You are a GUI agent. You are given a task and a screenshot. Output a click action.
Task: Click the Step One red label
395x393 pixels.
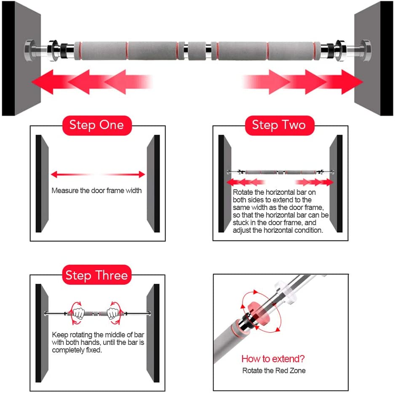pos(96,125)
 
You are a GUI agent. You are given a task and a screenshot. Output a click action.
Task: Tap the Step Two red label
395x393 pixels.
pos(279,125)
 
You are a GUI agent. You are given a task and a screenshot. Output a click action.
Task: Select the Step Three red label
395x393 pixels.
pos(96,275)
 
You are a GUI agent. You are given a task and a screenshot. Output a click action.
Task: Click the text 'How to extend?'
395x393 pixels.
pos(273,359)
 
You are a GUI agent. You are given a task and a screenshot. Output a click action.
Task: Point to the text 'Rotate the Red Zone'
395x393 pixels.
pos(274,371)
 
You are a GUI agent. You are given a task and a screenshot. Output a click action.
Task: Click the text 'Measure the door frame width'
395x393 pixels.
pos(96,191)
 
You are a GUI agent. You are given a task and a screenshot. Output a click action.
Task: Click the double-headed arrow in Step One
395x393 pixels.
pos(98,174)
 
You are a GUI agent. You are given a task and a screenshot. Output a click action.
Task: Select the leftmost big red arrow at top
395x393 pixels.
pos(46,81)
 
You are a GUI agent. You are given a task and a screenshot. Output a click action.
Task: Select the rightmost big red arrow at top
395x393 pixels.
pos(347,81)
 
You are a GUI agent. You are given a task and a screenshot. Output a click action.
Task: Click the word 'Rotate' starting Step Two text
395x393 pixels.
pos(243,192)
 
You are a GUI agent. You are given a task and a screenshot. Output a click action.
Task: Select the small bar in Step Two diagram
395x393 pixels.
pos(280,172)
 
